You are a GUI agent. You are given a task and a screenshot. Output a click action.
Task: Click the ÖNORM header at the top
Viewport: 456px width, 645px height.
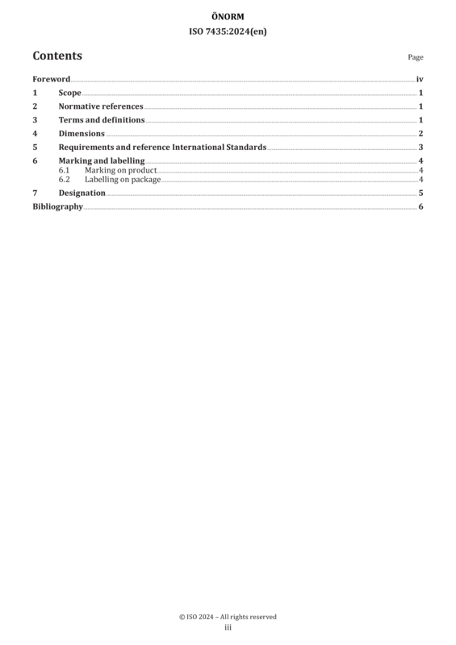pos(228,16)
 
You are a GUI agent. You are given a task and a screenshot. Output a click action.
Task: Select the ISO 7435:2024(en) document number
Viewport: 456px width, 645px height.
pos(228,31)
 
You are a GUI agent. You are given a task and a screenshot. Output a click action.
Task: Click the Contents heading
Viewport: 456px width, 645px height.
pos(57,56)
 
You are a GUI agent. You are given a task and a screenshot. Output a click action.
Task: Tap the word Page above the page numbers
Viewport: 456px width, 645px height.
pos(416,57)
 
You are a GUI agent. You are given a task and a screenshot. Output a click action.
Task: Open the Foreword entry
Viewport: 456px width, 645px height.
pos(52,79)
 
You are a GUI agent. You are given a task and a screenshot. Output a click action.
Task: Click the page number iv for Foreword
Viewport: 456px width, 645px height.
pos(420,79)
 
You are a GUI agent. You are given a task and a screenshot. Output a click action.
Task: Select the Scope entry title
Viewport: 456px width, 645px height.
pos(69,93)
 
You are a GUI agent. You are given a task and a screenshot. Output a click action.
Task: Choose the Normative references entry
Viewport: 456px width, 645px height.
pos(101,106)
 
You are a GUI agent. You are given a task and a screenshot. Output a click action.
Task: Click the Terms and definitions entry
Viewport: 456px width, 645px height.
pos(102,119)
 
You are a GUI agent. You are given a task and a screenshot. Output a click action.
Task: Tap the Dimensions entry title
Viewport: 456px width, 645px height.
pos(82,133)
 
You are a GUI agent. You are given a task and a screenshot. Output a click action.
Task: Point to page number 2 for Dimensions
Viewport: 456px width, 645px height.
pos(420,133)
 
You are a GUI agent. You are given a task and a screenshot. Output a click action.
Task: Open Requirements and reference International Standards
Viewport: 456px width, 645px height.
pos(162,147)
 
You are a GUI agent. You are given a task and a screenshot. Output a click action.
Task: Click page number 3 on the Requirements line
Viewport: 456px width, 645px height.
pos(420,147)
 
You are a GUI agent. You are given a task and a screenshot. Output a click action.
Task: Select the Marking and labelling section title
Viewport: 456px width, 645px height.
pos(102,160)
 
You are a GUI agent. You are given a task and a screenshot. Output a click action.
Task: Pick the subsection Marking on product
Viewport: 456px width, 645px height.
pos(121,170)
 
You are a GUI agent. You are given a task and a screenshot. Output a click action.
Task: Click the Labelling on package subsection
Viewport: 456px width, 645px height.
pos(123,179)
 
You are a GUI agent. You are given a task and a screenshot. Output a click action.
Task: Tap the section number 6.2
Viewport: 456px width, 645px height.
pos(65,179)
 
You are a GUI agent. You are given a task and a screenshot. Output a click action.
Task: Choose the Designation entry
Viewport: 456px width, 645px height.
pos(82,193)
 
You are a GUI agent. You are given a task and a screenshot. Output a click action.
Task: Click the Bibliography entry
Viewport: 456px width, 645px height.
pos(57,206)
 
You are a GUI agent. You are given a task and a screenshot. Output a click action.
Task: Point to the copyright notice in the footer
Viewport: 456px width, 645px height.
pos(228,617)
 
